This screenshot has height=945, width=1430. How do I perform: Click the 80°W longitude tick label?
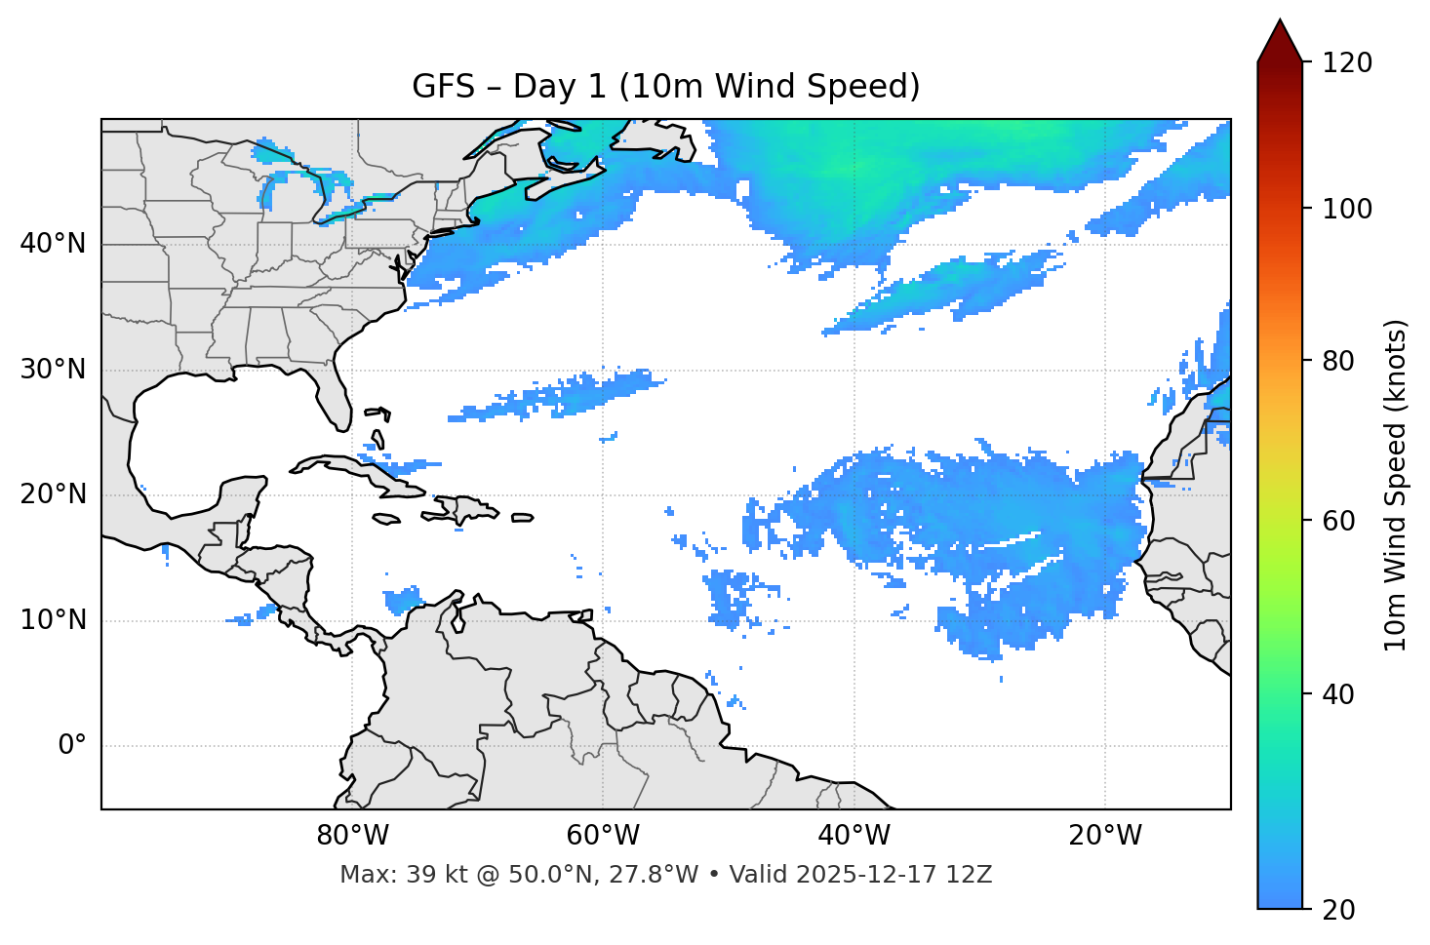[x=352, y=836]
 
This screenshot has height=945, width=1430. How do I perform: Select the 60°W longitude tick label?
[x=603, y=836]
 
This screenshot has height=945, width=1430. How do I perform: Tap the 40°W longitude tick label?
[x=854, y=836]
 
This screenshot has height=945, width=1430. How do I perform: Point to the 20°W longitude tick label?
[x=1104, y=836]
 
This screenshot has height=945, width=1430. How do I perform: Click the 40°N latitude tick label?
[x=53, y=244]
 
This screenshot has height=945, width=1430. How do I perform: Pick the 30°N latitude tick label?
[x=53, y=370]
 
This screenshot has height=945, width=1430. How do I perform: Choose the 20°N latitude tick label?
[x=53, y=494]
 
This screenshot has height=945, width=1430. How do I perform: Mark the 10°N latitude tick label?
[x=53, y=620]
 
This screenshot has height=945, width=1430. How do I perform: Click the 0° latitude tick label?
[x=72, y=746]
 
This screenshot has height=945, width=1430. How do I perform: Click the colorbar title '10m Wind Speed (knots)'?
[x=1396, y=485]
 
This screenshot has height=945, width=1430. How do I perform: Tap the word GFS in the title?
[x=443, y=87]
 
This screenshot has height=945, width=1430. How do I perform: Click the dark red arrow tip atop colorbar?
[x=1280, y=39]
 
